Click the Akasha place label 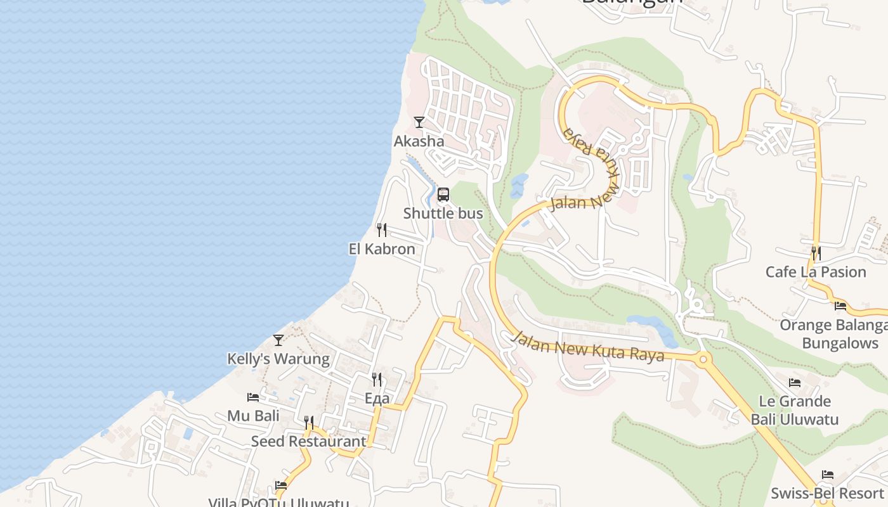click(419, 141)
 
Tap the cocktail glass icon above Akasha click(419, 122)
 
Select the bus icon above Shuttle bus click(443, 195)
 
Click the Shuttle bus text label click(443, 214)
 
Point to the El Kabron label click(382, 249)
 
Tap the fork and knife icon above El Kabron click(382, 229)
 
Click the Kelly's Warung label click(278, 359)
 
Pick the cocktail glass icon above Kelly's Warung click(278, 340)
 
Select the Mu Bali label click(253, 416)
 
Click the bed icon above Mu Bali click(253, 397)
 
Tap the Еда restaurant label click(377, 399)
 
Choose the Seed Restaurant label click(309, 442)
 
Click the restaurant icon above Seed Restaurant click(309, 422)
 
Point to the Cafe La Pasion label click(816, 272)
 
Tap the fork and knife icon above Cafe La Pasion click(816, 253)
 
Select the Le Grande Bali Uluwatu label click(795, 410)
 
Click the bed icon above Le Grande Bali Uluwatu click(795, 382)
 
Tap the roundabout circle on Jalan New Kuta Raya click(702, 360)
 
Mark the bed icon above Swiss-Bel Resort click(828, 474)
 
